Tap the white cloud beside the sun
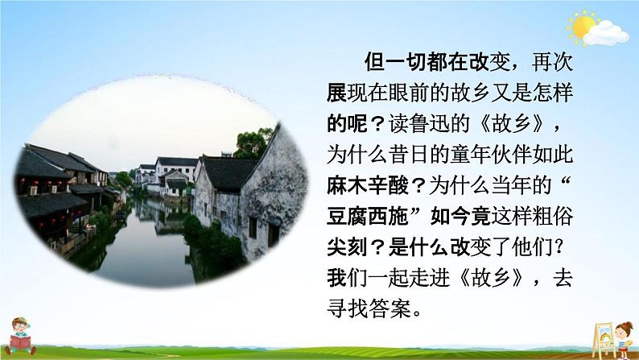coord(608,32)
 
